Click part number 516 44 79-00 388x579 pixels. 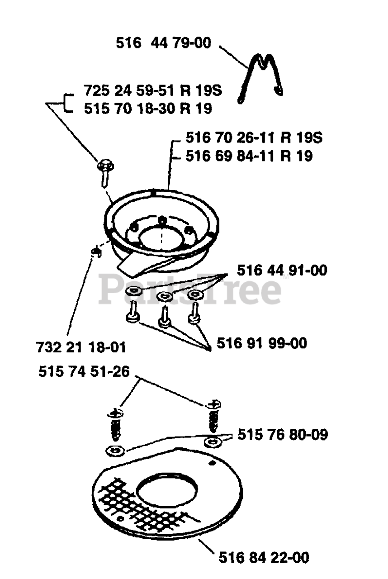164,43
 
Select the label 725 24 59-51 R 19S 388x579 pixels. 153,90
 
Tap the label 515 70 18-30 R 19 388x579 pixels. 148,109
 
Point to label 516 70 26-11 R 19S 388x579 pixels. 254,138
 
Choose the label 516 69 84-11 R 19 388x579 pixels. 249,156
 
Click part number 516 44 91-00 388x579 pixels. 282,271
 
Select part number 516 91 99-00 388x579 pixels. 262,343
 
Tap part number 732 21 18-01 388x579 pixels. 81,347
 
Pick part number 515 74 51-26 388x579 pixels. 84,372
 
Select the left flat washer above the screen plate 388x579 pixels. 115,451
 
